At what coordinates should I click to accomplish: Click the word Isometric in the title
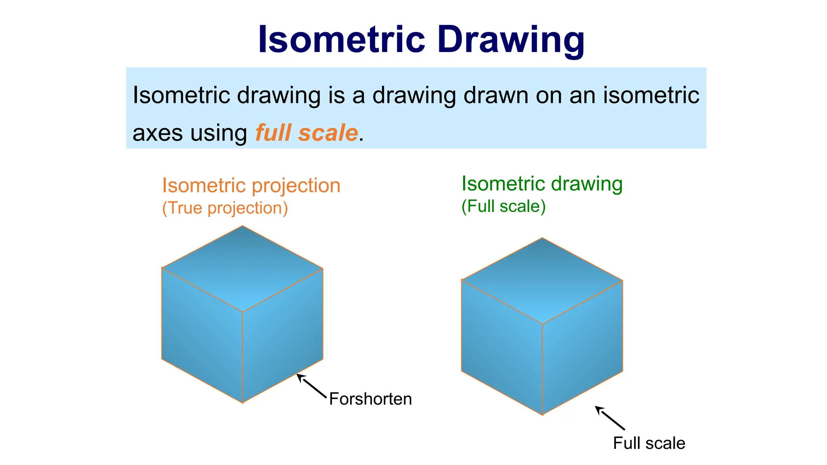(x=341, y=40)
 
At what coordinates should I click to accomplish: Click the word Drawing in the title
(x=511, y=40)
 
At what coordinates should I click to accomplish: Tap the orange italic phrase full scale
(x=306, y=133)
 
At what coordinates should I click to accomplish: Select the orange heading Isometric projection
(x=251, y=186)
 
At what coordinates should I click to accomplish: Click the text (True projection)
(x=225, y=208)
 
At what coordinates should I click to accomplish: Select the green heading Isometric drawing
(x=542, y=184)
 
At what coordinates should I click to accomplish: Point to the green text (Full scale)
(x=504, y=206)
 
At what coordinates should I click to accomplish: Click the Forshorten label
(x=370, y=399)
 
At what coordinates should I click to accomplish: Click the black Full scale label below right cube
(x=649, y=443)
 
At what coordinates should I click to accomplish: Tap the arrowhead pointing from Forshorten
(x=299, y=376)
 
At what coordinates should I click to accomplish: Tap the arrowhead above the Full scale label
(x=598, y=408)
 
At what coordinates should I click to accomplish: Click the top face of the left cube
(x=242, y=268)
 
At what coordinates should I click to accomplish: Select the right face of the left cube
(x=283, y=335)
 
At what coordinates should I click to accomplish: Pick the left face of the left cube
(x=202, y=335)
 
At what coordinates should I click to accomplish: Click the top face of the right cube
(x=542, y=281)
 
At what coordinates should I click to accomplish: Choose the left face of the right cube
(x=502, y=347)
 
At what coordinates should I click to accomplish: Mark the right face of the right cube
(x=582, y=347)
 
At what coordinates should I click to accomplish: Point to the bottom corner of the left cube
(x=243, y=402)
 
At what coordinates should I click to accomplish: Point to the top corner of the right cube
(x=542, y=238)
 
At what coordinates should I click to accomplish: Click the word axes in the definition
(x=157, y=134)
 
